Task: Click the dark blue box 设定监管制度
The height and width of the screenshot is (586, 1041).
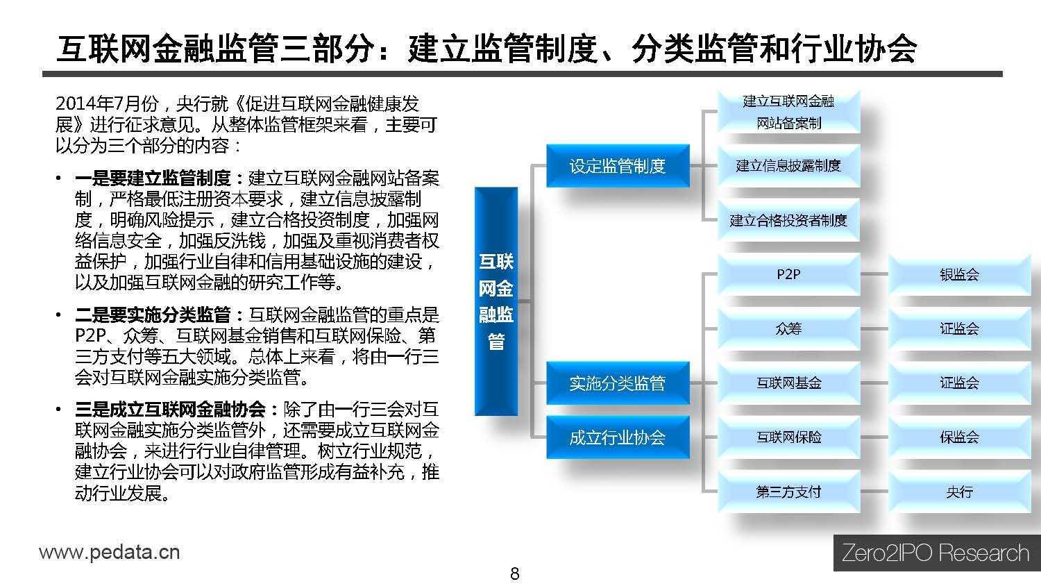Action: click(618, 166)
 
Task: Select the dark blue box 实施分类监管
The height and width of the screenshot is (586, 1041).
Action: click(618, 383)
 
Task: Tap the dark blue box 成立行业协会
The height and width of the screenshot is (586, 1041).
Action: click(618, 437)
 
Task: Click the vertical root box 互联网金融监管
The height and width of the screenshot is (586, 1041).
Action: click(496, 301)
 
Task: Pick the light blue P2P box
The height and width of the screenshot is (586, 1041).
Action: click(788, 274)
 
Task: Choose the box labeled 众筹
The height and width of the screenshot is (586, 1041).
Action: click(788, 329)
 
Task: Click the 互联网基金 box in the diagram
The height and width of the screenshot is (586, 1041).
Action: click(788, 383)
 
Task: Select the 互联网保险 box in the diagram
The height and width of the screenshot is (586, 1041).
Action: click(788, 437)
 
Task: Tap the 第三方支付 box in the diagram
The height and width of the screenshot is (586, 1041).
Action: click(788, 492)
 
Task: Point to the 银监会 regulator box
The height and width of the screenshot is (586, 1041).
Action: click(960, 274)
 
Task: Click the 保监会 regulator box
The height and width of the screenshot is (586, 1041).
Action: click(960, 437)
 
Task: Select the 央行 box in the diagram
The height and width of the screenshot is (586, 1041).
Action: click(960, 492)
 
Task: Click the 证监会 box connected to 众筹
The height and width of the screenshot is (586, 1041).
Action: click(960, 329)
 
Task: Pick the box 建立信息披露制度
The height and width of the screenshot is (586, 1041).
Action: click(788, 166)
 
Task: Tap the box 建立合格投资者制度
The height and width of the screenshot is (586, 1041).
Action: click(788, 220)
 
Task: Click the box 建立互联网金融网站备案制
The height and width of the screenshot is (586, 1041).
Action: click(788, 112)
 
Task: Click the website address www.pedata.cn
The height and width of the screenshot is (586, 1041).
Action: click(109, 553)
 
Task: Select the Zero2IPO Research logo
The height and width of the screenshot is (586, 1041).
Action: click(936, 553)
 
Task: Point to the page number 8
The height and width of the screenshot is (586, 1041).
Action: click(515, 574)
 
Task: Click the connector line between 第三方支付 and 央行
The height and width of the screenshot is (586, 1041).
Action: click(874, 492)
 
